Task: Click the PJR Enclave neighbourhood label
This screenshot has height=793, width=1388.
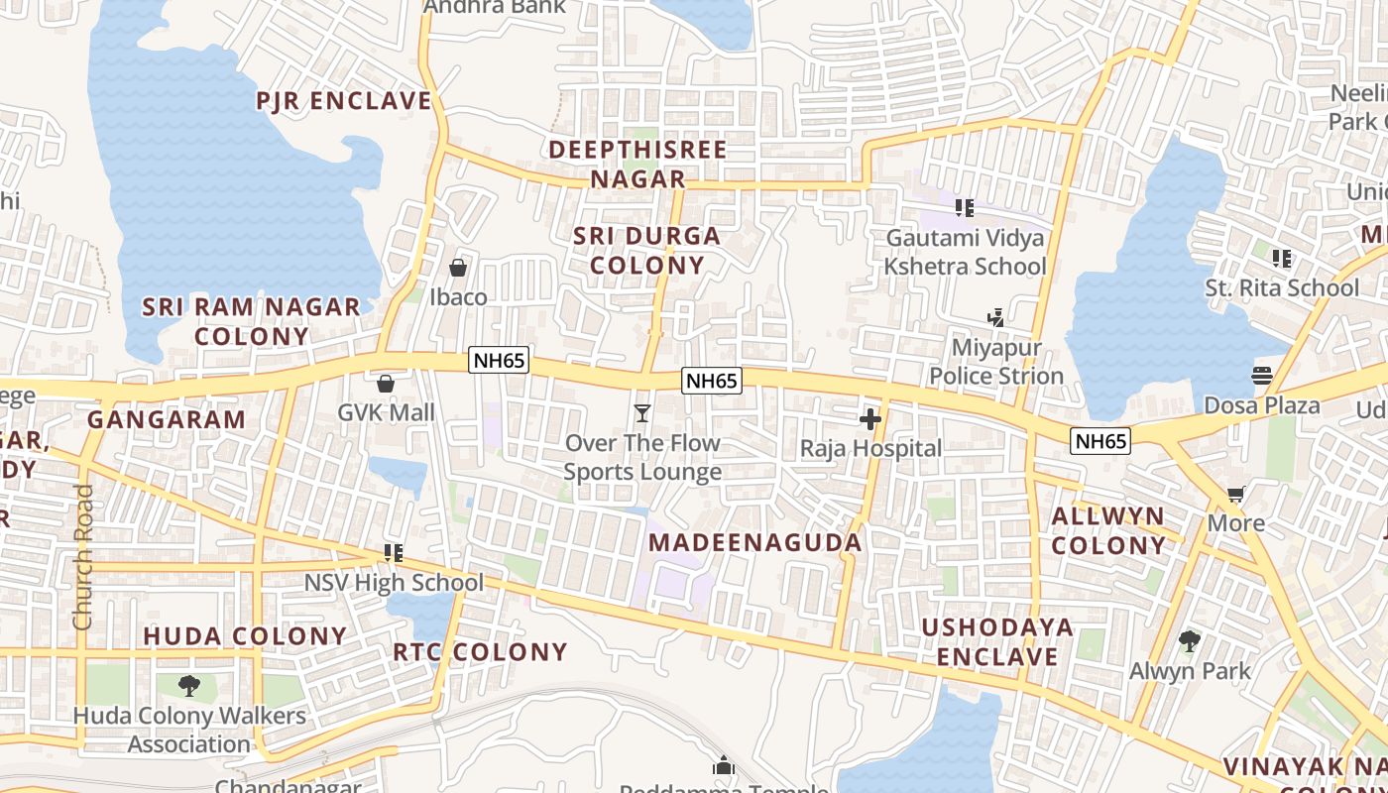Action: point(344,101)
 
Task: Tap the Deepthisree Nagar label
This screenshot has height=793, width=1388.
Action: point(637,165)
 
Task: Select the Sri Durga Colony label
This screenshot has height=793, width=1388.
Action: point(646,251)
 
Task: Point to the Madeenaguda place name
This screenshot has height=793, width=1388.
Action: point(755,543)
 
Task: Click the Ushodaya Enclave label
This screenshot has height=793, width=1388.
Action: point(997,642)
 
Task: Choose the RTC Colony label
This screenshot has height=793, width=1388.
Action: point(480,652)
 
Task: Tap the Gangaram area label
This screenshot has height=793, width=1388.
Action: point(167,419)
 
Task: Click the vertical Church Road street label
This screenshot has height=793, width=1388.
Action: point(83,557)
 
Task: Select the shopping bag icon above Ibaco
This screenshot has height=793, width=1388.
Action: point(458,268)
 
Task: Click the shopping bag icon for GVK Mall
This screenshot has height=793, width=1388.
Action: point(386,383)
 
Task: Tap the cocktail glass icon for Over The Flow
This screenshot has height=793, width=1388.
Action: point(642,412)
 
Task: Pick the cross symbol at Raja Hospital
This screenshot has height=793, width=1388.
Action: point(870,419)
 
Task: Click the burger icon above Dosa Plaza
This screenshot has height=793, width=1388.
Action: point(1261,376)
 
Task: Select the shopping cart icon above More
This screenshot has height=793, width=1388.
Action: point(1235,494)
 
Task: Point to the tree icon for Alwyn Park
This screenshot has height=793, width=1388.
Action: point(1190,641)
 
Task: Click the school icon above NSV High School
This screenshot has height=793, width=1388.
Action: point(394,553)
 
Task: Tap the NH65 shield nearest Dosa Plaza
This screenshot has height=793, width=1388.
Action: point(1100,441)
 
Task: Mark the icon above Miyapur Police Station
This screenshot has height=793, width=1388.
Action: point(995,318)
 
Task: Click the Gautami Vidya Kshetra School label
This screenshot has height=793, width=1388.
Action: point(965,252)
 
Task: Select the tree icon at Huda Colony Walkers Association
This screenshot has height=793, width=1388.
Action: point(188,685)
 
